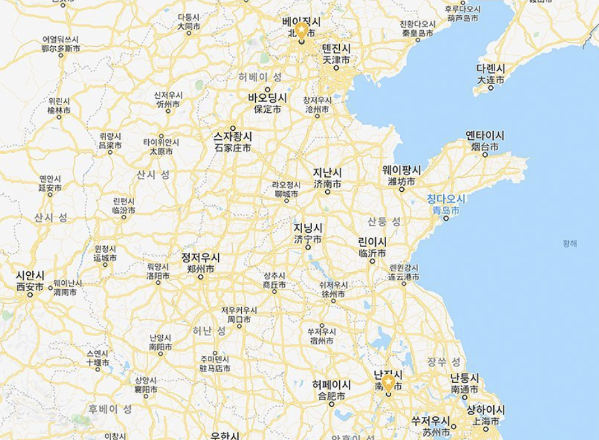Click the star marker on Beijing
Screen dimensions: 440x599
click(301, 31)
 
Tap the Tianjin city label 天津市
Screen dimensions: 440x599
click(336, 60)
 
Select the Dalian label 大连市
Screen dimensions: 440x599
click(491, 80)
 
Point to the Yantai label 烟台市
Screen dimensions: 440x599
click(484, 147)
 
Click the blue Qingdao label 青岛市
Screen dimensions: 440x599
click(446, 210)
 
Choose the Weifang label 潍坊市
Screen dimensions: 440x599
click(401, 182)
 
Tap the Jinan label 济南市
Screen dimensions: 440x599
click(327, 184)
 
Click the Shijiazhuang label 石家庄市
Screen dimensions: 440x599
click(233, 148)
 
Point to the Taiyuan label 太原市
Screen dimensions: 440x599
click(161, 152)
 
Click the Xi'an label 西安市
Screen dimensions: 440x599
click(30, 287)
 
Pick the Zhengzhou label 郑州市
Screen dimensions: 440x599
click(200, 269)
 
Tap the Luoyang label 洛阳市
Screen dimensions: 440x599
click(158, 276)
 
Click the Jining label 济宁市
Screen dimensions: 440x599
click(308, 239)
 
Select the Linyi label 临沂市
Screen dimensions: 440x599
click(372, 253)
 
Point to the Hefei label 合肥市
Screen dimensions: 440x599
click(331, 396)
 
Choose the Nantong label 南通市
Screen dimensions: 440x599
click(464, 389)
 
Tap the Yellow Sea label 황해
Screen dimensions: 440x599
click(569, 243)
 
